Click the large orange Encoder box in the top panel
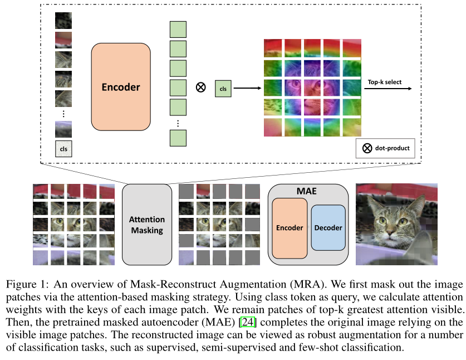point(121,87)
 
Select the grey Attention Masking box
point(147,225)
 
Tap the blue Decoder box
point(328,227)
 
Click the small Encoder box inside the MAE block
point(290,228)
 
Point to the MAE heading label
point(306,191)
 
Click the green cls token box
point(223,89)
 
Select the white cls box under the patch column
point(63,149)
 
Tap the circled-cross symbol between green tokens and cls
point(201,87)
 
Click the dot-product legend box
point(385,148)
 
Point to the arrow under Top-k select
point(388,89)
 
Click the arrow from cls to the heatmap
point(247,88)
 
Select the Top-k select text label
point(385,82)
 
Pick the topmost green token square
point(178,30)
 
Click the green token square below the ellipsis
point(178,138)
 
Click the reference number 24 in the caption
point(248,322)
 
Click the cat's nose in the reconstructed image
point(390,231)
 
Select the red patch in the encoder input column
point(63,40)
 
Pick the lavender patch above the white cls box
point(63,129)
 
